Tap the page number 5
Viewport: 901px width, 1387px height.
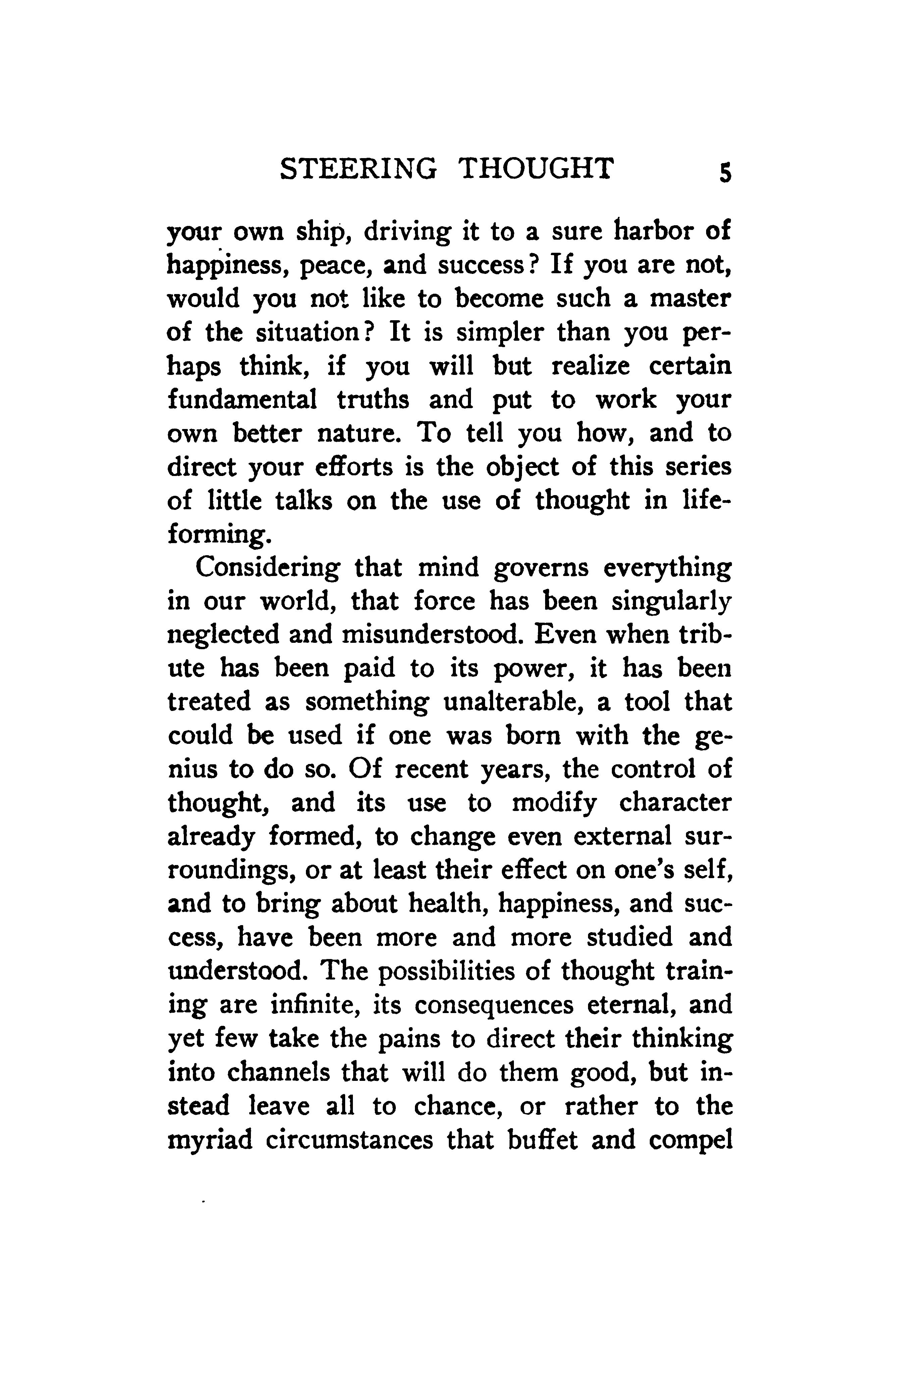(x=725, y=173)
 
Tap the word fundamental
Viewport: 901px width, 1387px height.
(x=242, y=400)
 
